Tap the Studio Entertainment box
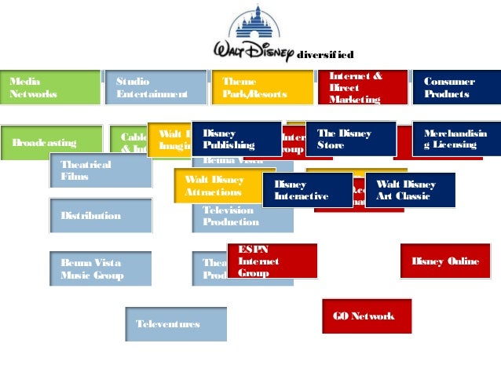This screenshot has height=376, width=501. [154, 87]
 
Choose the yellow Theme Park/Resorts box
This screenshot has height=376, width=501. [261, 87]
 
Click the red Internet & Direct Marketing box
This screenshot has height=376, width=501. [362, 87]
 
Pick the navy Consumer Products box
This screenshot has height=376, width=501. [455, 87]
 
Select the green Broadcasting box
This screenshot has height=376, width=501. [50, 143]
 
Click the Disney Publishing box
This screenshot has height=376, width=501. [237, 139]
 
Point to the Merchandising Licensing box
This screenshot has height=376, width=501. [456, 139]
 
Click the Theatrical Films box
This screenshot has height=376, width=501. [100, 170]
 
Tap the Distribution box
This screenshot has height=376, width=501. [100, 215]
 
